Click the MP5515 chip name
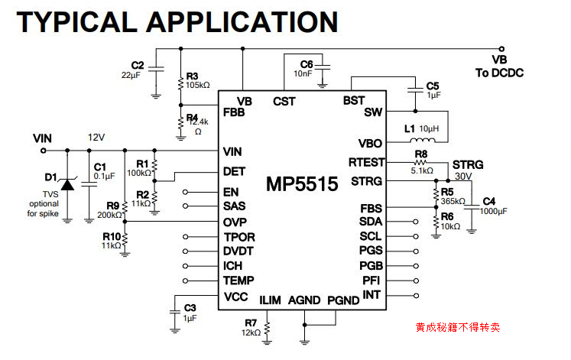click(302, 184)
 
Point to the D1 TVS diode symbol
click(67, 184)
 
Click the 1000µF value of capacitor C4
click(493, 210)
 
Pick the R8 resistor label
click(420, 154)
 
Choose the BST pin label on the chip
click(354, 101)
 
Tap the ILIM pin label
click(271, 300)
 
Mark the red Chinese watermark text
click(458, 327)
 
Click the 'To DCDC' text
click(498, 73)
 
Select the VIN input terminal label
click(43, 138)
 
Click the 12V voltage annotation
click(96, 138)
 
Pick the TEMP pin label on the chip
click(238, 281)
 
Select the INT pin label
click(371, 295)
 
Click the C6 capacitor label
click(307, 63)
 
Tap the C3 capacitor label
click(190, 307)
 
